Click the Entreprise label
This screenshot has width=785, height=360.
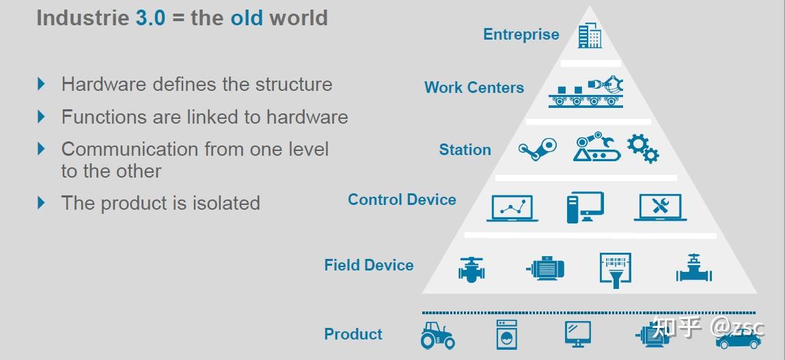point(521,35)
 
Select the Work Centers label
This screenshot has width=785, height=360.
point(474,87)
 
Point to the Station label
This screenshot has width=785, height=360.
point(465,150)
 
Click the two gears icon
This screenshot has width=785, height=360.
point(644,148)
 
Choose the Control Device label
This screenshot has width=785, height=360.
point(402,199)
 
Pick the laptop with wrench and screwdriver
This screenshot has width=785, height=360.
point(661,207)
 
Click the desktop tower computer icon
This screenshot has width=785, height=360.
point(586,207)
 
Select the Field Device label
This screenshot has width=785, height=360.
point(369,265)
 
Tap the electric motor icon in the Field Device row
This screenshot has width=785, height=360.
point(545,269)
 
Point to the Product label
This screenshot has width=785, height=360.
point(353,334)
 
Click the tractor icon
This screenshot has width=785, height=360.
point(437,335)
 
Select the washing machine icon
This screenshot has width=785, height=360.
point(507,335)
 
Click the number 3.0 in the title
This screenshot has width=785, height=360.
point(150,18)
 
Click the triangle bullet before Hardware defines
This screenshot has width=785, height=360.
point(42,83)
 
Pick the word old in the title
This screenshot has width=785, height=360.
point(247,18)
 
